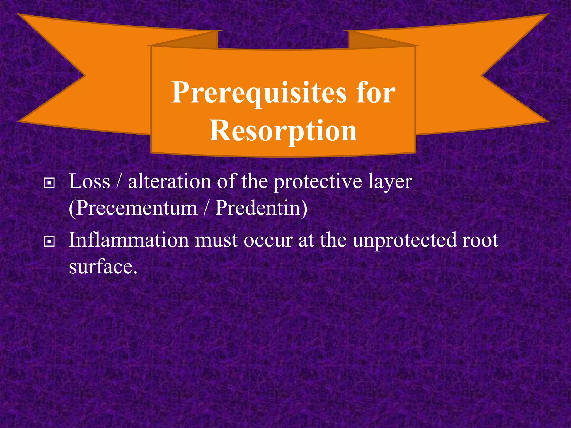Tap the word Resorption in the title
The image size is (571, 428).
click(x=283, y=131)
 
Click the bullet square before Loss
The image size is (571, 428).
click(x=49, y=183)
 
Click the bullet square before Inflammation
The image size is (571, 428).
click(x=49, y=242)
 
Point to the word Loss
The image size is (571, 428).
click(x=89, y=182)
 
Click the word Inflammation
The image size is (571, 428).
click(x=129, y=240)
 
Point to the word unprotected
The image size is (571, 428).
click(x=404, y=240)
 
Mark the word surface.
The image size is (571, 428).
click(x=103, y=267)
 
